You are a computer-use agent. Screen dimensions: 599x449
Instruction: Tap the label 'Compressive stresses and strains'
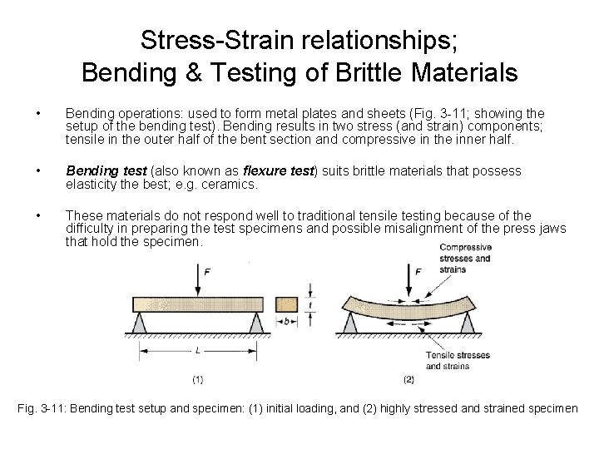click(464, 258)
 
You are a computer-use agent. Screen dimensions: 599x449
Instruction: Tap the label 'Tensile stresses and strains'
click(457, 360)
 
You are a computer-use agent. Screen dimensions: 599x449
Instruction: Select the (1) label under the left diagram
click(197, 381)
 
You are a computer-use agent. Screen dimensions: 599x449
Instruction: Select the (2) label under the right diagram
click(408, 381)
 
